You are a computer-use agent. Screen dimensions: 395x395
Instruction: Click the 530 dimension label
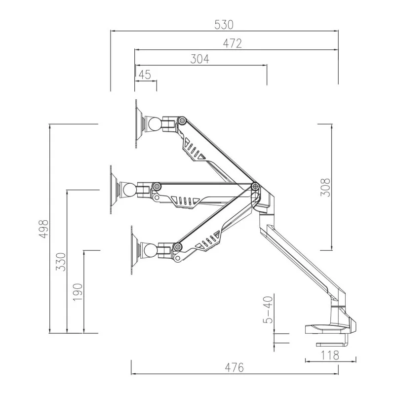(225, 24)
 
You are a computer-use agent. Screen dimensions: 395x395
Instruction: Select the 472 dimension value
(232, 43)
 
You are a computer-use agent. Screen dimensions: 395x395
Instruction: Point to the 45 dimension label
(144, 75)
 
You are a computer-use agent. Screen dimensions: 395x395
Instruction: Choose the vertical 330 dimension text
(61, 262)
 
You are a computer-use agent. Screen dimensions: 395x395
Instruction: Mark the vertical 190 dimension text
(78, 292)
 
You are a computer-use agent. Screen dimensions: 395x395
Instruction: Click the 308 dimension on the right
(324, 187)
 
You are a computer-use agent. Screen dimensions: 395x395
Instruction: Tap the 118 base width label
(329, 355)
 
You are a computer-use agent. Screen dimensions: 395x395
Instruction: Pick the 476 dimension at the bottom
(235, 367)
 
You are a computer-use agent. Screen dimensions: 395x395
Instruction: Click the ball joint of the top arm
(152, 123)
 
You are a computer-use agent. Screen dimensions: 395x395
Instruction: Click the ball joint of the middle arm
(128, 190)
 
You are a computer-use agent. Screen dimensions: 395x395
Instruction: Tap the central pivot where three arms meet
(255, 186)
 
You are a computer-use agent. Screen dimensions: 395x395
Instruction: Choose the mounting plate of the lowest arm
(133, 250)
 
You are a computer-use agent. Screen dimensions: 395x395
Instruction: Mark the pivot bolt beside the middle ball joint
(157, 187)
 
